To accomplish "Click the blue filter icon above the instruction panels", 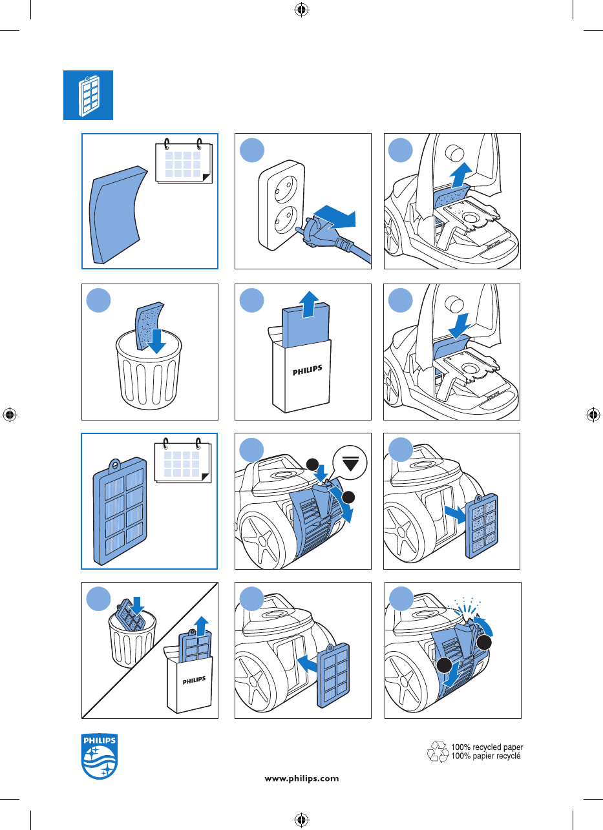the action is [88, 95].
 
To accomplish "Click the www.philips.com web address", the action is [302, 778].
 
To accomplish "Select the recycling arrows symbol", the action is [438, 751].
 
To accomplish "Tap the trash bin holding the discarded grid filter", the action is [132, 639].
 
